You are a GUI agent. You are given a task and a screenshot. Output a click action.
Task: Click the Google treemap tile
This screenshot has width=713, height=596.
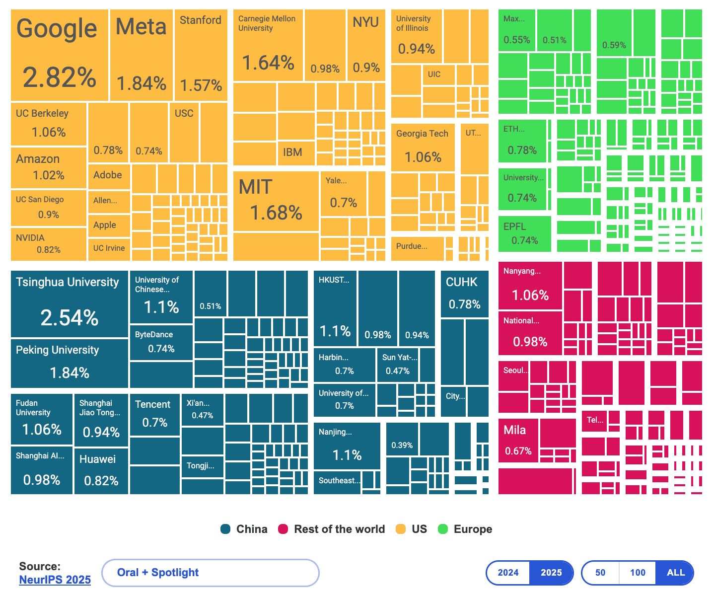[60, 55]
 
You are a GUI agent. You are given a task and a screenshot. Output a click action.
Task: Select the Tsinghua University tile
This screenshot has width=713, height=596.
[70, 304]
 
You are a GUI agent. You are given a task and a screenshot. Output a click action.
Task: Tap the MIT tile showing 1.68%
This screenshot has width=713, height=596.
[276, 201]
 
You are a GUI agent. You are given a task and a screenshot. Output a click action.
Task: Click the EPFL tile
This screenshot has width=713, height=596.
[524, 234]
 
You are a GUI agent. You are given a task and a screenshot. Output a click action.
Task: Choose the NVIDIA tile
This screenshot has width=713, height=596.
[48, 244]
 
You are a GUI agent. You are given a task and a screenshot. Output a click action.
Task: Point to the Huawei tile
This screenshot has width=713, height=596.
[101, 470]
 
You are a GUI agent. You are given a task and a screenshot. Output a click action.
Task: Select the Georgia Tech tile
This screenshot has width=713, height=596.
[423, 147]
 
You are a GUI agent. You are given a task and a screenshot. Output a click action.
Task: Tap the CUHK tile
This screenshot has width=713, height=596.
[464, 294]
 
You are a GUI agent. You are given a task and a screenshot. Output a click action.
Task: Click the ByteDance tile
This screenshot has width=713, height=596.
[161, 342]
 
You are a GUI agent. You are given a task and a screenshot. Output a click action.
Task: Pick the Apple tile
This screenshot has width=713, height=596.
[108, 225]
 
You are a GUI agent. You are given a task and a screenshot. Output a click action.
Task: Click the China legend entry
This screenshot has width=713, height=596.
[244, 529]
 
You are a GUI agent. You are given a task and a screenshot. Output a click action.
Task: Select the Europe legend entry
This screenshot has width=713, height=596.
[465, 529]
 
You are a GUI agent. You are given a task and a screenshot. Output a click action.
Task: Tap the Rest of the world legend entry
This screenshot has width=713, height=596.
[332, 529]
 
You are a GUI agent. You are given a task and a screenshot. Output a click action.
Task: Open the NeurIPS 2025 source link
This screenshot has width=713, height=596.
[55, 580]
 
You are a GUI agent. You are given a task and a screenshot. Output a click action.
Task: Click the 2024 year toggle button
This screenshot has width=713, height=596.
[508, 573]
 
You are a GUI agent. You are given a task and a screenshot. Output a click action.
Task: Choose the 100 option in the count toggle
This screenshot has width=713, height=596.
[638, 573]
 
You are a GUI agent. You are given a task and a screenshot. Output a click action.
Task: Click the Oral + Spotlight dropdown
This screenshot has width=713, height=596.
[210, 573]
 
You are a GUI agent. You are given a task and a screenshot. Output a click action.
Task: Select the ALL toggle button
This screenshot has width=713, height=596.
[675, 573]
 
